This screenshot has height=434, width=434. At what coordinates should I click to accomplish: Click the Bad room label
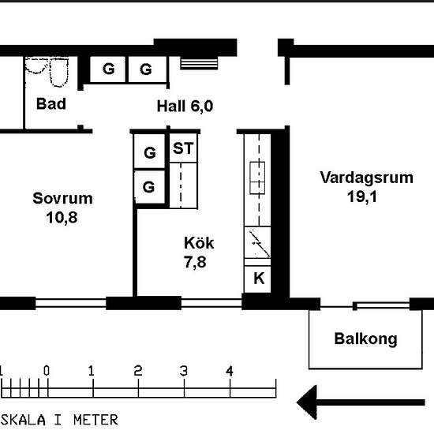(51, 103)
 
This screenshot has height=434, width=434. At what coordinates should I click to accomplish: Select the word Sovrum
(62, 198)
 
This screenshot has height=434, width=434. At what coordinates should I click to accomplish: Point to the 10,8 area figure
(62, 216)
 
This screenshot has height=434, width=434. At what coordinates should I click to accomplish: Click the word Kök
(198, 243)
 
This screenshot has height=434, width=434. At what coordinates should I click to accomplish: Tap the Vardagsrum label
(366, 178)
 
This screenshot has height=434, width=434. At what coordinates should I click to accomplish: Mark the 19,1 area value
(361, 196)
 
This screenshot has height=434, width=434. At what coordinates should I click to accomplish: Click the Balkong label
(365, 339)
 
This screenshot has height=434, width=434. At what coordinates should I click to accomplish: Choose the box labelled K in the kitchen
(258, 278)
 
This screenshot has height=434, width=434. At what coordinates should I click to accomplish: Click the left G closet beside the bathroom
(109, 69)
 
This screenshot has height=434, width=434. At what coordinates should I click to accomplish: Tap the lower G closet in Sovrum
(149, 187)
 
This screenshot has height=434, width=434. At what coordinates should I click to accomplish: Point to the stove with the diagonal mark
(258, 244)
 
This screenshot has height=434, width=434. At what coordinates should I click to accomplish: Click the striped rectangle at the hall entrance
(198, 62)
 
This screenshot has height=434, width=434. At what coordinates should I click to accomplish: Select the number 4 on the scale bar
(230, 370)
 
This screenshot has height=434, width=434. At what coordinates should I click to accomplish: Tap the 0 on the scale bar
(47, 370)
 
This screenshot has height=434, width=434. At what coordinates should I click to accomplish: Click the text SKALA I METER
(60, 419)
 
